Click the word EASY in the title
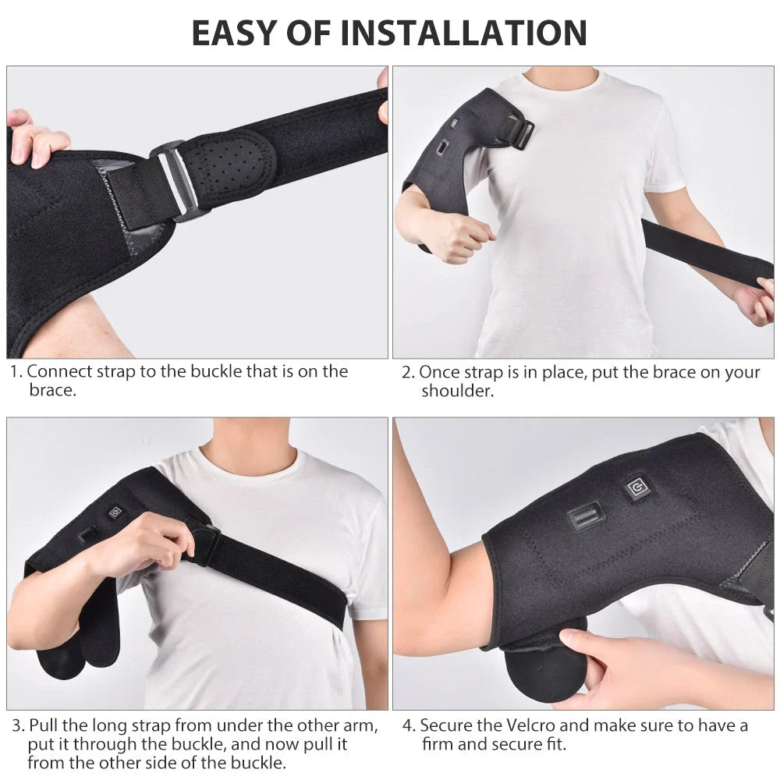232,33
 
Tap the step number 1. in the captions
16,371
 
